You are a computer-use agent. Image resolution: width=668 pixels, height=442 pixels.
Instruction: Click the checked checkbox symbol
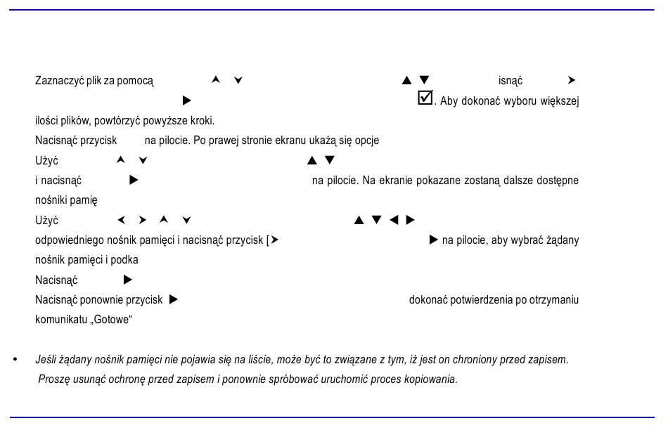point(425,98)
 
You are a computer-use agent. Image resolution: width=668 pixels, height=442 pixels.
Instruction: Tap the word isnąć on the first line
point(510,81)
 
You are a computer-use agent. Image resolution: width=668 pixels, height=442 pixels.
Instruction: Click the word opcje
point(367,141)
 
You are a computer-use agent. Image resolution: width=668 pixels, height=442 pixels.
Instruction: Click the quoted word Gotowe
point(111,319)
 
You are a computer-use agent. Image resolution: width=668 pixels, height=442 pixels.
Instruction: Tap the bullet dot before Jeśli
point(15,359)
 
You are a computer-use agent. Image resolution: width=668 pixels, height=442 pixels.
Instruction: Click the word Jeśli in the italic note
point(45,359)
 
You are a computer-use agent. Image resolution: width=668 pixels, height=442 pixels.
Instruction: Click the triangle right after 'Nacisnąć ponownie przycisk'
point(174,299)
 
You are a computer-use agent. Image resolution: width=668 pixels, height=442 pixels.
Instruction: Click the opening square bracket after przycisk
point(267,240)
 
